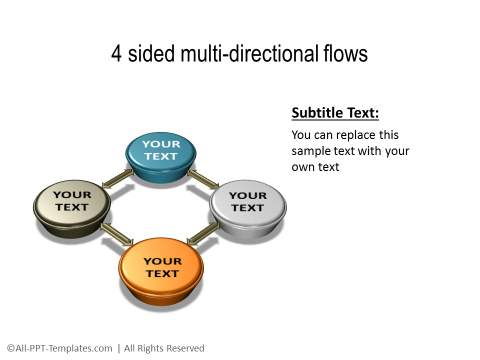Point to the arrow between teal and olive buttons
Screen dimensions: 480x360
117,179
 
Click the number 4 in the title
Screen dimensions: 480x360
117,54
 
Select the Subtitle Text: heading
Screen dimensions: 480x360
335,113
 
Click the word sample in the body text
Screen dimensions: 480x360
312,150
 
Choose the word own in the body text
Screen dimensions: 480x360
304,167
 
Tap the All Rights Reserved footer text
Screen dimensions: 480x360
162,348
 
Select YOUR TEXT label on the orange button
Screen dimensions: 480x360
161,267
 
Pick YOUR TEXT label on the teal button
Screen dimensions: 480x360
161,150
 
